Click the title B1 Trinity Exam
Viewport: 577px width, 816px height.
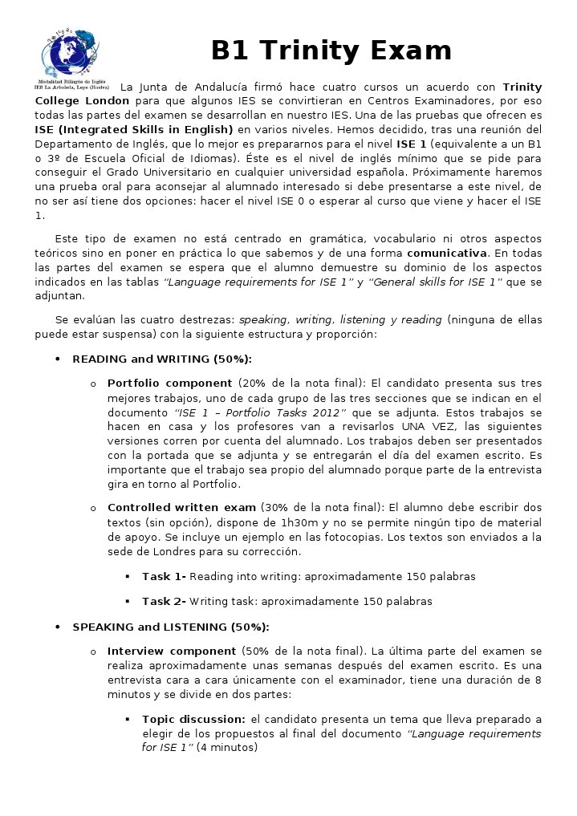click(x=331, y=51)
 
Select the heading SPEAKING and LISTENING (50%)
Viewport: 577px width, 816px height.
click(x=170, y=627)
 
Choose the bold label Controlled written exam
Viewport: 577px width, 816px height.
click(x=181, y=508)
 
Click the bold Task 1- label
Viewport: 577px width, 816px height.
click(x=164, y=576)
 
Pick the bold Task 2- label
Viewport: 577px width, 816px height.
click(x=164, y=601)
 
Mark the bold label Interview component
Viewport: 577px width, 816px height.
click(x=171, y=651)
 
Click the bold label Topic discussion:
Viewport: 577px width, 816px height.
click(x=193, y=719)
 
